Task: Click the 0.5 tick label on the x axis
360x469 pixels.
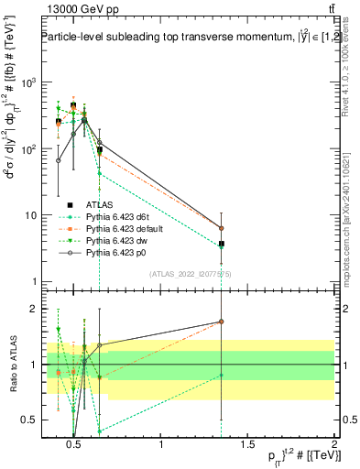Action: [x=76, y=446]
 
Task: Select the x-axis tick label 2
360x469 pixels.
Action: [x=333, y=446]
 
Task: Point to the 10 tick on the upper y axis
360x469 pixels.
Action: [x=25, y=215]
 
